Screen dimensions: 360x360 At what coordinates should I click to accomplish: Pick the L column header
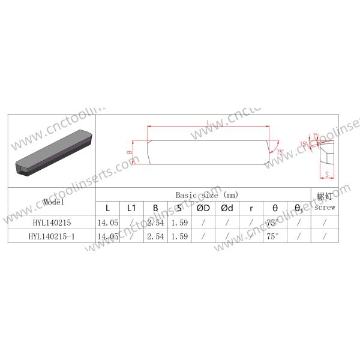(x=107, y=208)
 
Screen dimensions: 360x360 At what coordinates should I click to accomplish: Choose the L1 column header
(x=131, y=208)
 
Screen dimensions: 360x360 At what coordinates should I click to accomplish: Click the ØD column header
(x=203, y=208)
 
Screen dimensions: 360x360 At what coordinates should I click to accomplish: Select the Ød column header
(x=227, y=208)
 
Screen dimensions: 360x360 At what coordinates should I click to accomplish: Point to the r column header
(x=251, y=208)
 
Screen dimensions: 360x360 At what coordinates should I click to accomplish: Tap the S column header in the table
(x=179, y=208)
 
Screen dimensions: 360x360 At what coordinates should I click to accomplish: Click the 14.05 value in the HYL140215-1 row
(x=107, y=236)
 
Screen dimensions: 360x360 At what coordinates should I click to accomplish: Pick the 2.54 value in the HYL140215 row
(x=155, y=222)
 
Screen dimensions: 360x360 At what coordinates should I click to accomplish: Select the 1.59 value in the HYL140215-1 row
(x=179, y=236)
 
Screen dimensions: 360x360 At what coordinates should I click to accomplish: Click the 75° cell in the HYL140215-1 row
(x=274, y=236)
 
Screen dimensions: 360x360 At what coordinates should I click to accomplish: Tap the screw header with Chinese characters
(x=324, y=202)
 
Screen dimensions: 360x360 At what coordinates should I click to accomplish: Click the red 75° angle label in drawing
(x=279, y=152)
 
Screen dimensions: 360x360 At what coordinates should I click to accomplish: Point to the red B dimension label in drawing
(x=129, y=153)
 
